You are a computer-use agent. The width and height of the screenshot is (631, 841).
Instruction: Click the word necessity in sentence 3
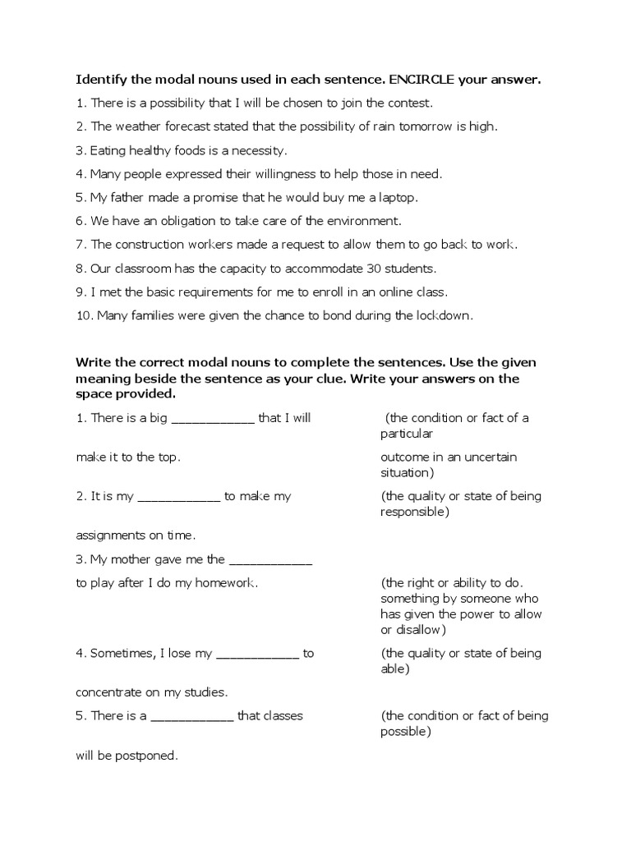[259, 150]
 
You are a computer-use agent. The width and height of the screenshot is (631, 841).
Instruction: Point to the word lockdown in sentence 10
[444, 315]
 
